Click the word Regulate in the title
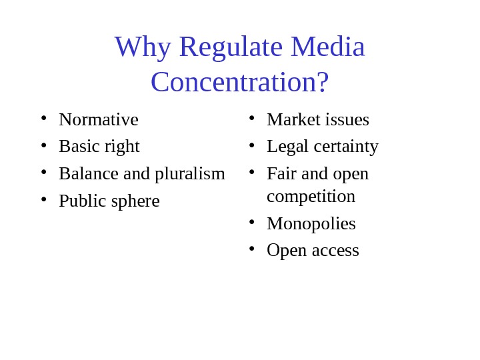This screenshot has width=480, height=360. [x=231, y=47]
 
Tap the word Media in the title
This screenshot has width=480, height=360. [x=327, y=47]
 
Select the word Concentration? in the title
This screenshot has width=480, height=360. [x=240, y=82]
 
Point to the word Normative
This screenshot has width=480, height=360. [x=99, y=119]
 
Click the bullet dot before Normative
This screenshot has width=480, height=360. [x=44, y=118]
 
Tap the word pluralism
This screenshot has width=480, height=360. [x=190, y=173]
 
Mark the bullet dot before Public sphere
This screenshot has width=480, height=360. [x=44, y=199]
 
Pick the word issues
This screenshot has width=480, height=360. [x=347, y=119]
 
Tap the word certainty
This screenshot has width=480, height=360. [x=346, y=146]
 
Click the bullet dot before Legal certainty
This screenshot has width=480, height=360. [x=252, y=145]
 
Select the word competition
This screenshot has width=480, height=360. [x=311, y=196]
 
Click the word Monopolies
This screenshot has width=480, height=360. [x=311, y=223]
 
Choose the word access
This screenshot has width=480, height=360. [x=336, y=250]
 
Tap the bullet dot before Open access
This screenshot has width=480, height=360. [x=252, y=249]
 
